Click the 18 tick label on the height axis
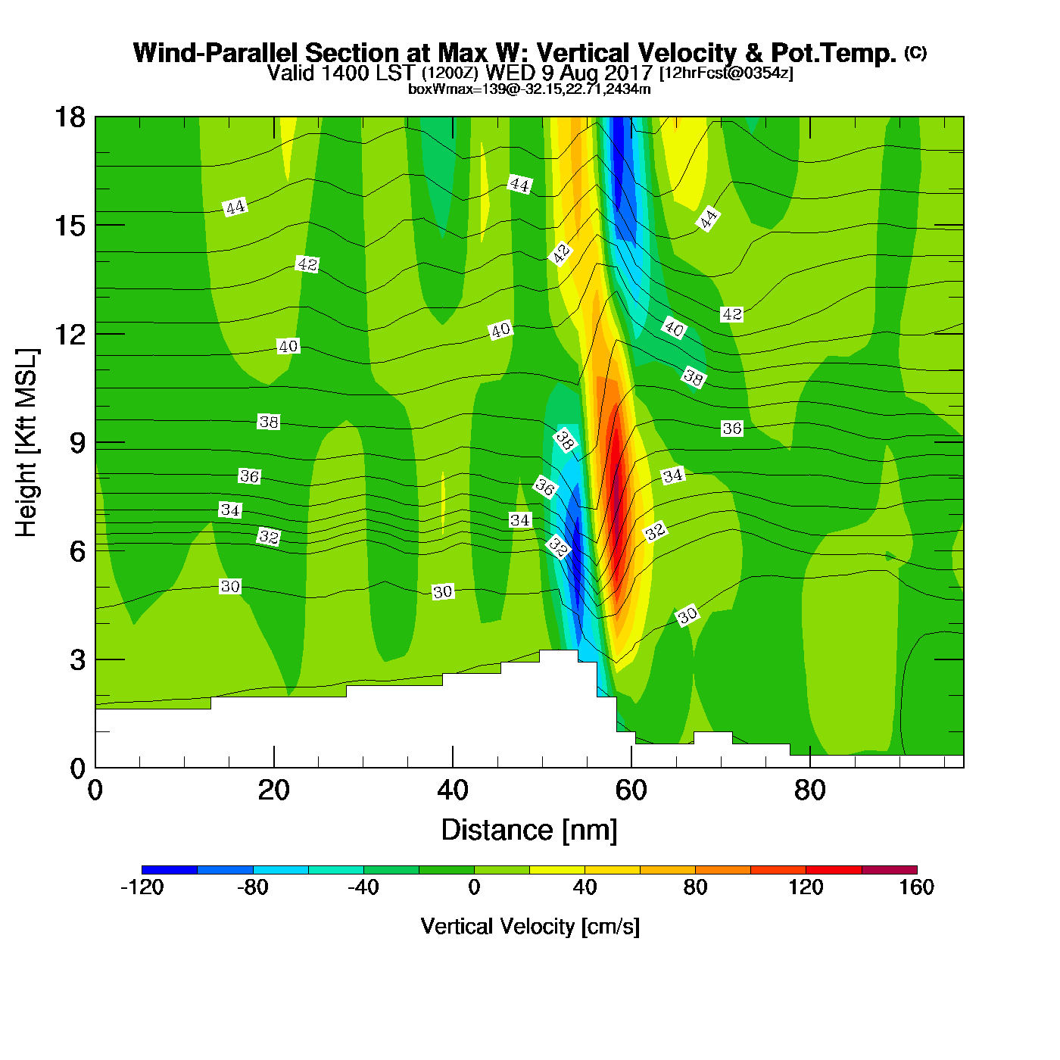69,117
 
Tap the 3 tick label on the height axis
77,659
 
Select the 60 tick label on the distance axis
631,790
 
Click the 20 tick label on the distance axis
273,790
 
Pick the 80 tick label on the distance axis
809,790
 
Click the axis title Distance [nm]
529,831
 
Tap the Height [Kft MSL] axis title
26,443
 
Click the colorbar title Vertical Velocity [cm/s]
530,927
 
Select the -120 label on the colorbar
142,887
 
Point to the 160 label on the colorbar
916,887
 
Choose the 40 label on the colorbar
585,887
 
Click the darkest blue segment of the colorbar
170,870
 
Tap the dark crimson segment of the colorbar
889,870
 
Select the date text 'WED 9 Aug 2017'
569,73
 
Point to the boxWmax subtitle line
529,89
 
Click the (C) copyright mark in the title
915,52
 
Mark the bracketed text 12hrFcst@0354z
726,73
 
